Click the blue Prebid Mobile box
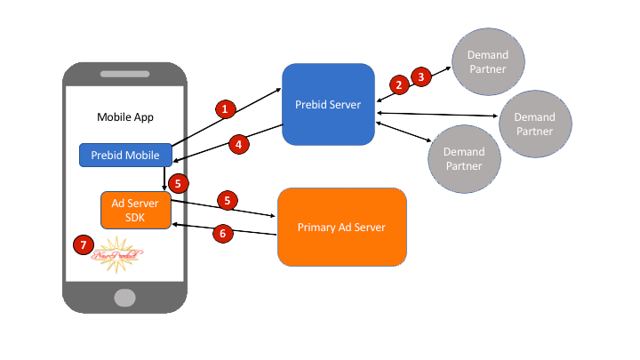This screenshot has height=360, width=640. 124,155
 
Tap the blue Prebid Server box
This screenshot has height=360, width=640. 328,105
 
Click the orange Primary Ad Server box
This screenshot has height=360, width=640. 342,227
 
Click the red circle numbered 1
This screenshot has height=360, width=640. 225,108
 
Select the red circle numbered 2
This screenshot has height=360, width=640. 399,84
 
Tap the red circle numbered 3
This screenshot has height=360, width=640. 421,76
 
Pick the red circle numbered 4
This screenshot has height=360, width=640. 237,144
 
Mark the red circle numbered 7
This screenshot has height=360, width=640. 84,244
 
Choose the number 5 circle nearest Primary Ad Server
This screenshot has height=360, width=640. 228,201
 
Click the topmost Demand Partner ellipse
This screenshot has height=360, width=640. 487,61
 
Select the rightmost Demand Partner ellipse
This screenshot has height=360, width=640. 534,124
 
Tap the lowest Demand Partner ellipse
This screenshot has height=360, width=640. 463,158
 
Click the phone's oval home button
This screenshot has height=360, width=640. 124,296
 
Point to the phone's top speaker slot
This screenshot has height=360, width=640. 124,75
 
